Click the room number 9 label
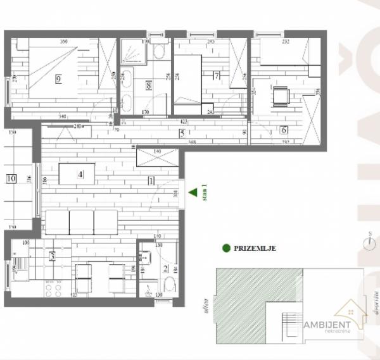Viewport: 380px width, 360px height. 58,79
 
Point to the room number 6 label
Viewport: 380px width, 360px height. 284,130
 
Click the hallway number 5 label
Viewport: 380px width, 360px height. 182,133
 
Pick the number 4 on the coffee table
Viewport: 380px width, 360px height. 80,175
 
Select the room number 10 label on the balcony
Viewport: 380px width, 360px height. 11,178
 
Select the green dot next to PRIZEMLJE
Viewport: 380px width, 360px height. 225,249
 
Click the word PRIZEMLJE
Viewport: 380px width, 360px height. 255,249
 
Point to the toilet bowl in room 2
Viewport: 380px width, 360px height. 148,292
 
